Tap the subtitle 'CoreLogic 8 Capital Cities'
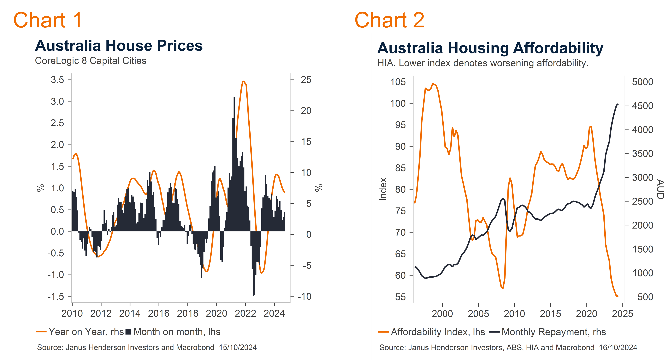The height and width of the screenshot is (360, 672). pyautogui.click(x=91, y=61)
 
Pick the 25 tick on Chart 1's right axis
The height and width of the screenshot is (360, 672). pyautogui.click(x=306, y=80)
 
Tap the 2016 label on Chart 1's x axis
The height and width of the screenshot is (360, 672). pyautogui.click(x=159, y=313)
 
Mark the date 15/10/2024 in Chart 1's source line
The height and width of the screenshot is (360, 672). pyautogui.click(x=238, y=347)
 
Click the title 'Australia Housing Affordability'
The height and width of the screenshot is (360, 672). pyautogui.click(x=490, y=48)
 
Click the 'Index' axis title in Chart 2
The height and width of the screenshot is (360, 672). pyautogui.click(x=383, y=189)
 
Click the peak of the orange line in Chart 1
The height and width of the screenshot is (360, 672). pyautogui.click(x=243, y=81)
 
